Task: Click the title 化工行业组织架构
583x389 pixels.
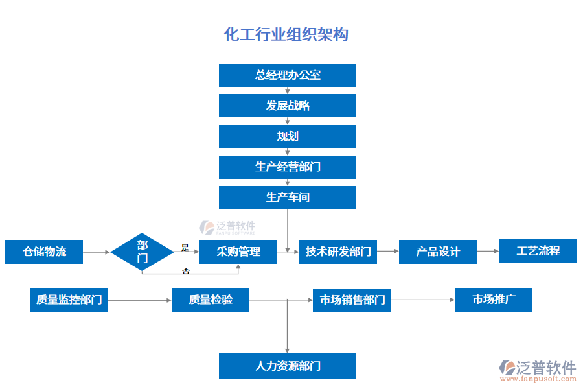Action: pos(286,34)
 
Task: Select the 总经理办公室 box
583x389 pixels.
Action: pos(287,75)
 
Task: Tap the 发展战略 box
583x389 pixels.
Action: pos(287,106)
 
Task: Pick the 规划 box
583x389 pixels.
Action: pos(287,136)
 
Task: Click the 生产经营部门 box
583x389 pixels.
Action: pos(287,167)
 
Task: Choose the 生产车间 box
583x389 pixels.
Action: pos(287,197)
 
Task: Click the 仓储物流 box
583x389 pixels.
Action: pos(44,252)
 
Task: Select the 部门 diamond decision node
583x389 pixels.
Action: pos(143,252)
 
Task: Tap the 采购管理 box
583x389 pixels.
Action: pos(238,252)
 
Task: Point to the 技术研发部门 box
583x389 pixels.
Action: pos(338,252)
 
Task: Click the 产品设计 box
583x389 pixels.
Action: pos(438,252)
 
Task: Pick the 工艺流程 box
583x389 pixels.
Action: pos(538,251)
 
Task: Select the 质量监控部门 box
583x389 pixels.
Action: pos(69,300)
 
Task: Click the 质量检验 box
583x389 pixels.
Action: pos(211,300)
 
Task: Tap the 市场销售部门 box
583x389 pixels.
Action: pos(352,300)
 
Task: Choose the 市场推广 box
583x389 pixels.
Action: pos(494,300)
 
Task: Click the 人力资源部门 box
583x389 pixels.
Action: pos(287,366)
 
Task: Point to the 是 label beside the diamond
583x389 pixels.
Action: pos(185,247)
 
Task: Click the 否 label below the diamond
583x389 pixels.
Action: pos(186,271)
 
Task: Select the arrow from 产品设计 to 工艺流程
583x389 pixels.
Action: pos(487,251)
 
